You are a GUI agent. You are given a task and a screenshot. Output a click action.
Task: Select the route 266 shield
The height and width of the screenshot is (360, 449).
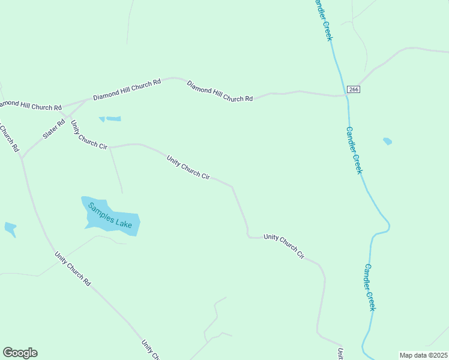(353, 89)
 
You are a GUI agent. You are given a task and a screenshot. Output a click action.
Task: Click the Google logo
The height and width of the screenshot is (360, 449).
(20, 353)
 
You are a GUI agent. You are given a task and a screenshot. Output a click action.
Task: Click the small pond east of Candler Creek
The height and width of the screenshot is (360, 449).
(387, 142)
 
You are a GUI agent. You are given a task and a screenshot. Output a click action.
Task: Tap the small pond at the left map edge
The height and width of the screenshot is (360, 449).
(10, 228)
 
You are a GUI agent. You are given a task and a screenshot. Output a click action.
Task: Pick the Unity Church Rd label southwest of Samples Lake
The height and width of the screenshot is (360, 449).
(72, 268)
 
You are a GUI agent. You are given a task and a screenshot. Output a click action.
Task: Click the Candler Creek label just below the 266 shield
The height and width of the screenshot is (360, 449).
(354, 150)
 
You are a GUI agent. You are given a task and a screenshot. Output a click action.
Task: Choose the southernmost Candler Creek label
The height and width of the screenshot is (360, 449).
(370, 287)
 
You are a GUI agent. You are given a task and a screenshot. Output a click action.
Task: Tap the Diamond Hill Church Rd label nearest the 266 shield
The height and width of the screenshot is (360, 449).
(220, 91)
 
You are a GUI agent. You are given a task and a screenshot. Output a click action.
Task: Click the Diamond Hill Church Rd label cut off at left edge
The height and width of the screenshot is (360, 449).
(30, 106)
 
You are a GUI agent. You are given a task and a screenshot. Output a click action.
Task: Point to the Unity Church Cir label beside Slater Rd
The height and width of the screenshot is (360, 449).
(88, 136)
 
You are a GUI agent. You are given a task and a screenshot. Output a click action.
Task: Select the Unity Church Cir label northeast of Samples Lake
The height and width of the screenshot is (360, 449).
(188, 167)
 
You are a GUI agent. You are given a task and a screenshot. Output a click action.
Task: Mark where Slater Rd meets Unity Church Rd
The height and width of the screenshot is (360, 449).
(22, 158)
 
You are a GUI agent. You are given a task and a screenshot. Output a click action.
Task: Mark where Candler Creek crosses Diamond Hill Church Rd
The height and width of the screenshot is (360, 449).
(346, 95)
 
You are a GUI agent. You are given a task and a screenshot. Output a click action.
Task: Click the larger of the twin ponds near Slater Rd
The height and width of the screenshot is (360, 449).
(113, 119)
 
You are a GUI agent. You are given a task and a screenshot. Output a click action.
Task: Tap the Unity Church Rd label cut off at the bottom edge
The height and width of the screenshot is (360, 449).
(150, 350)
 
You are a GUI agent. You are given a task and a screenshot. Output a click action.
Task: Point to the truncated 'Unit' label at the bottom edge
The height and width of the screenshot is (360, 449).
(340, 353)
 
